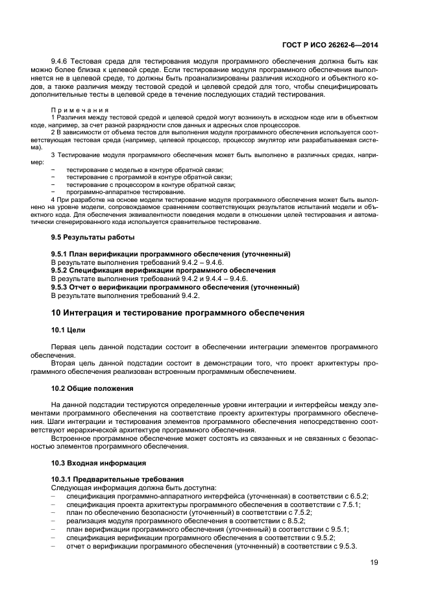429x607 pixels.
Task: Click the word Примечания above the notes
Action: click(x=80, y=110)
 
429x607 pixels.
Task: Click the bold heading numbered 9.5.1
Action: click(x=170, y=253)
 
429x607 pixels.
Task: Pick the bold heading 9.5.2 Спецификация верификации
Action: click(x=163, y=270)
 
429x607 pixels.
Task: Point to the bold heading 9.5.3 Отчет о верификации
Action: click(x=175, y=287)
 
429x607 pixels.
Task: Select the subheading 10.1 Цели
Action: click(x=68, y=330)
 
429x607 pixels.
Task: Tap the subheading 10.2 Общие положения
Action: click(x=92, y=388)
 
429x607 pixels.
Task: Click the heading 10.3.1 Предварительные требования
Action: click(x=117, y=479)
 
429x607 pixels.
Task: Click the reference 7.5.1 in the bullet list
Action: click(x=350, y=504)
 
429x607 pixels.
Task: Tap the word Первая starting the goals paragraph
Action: click(x=66, y=347)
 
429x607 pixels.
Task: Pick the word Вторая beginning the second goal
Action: click(x=66, y=364)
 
